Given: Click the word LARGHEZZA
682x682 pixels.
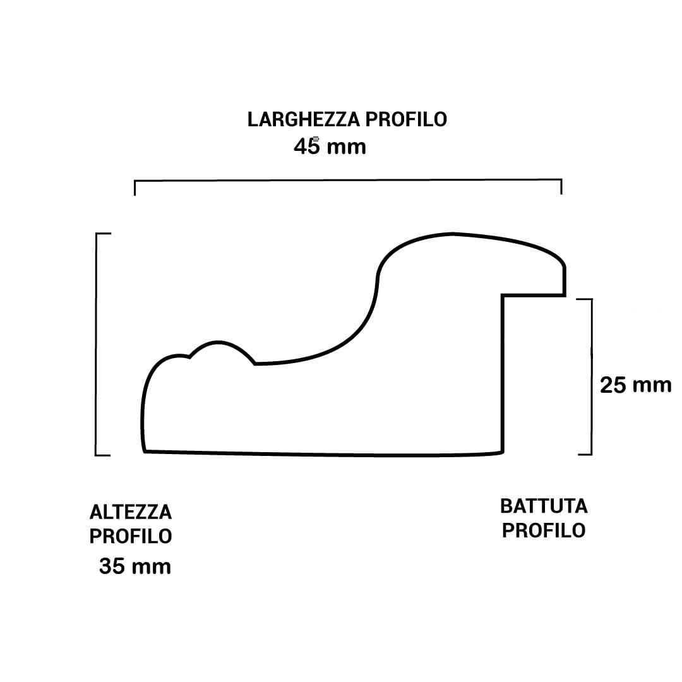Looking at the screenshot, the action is (x=304, y=119).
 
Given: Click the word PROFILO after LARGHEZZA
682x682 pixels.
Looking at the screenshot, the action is (x=406, y=119).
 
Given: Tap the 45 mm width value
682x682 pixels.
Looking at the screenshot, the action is (x=330, y=146).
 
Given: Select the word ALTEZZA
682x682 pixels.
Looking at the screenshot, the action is (x=131, y=512).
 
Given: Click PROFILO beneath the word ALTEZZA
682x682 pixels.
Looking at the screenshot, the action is (x=131, y=536).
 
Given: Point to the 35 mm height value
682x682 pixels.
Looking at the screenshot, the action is (x=135, y=566).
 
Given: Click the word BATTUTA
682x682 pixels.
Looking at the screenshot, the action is (x=544, y=506).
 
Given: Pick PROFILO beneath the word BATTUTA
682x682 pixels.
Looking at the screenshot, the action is (x=544, y=530).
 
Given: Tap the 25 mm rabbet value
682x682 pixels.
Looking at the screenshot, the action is (x=635, y=385).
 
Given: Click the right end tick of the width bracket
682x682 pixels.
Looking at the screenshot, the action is (x=561, y=186).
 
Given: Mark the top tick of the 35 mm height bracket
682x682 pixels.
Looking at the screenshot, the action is (x=104, y=234).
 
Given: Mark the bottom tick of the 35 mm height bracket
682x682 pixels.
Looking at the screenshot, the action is (x=103, y=455).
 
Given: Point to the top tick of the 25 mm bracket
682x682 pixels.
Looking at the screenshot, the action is (x=584, y=299).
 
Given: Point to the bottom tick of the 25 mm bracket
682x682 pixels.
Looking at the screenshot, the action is (x=585, y=455).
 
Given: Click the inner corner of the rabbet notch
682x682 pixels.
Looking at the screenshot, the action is (x=503, y=296).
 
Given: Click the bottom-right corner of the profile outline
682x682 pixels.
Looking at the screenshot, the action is (x=503, y=453).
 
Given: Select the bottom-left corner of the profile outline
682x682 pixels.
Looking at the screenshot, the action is (x=145, y=452).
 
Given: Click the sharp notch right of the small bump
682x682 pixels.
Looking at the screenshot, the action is (x=255, y=363).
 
